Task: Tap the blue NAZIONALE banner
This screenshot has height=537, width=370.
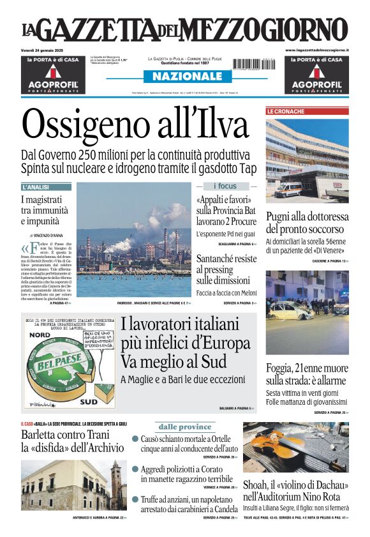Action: (x=184, y=77)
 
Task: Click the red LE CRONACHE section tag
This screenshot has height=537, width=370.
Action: (x=286, y=111)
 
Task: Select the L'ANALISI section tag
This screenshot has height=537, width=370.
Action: (x=36, y=187)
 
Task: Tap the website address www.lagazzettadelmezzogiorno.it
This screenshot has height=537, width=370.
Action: (x=316, y=50)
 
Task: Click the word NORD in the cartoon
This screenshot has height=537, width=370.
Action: (x=41, y=334)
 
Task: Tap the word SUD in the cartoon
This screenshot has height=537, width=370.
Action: (x=87, y=402)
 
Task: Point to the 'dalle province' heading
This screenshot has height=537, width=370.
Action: (x=185, y=427)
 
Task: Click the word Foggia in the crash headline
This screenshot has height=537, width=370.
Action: (x=283, y=368)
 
